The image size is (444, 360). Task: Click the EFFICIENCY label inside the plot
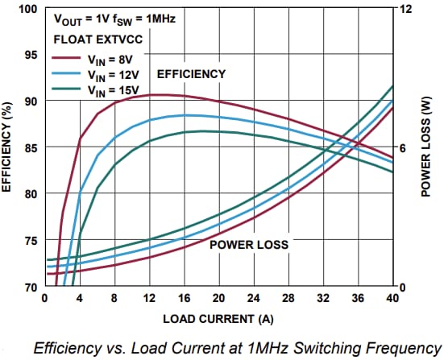pyautogui.click(x=191, y=74)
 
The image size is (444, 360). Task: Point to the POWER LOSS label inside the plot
pyautogui.click(x=249, y=243)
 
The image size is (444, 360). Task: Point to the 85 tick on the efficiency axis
pyautogui.click(x=31, y=148)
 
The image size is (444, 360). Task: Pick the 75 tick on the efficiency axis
pyautogui.click(x=31, y=241)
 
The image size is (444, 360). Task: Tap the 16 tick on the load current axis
pyautogui.click(x=185, y=298)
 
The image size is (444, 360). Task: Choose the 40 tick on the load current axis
pyautogui.click(x=393, y=298)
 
